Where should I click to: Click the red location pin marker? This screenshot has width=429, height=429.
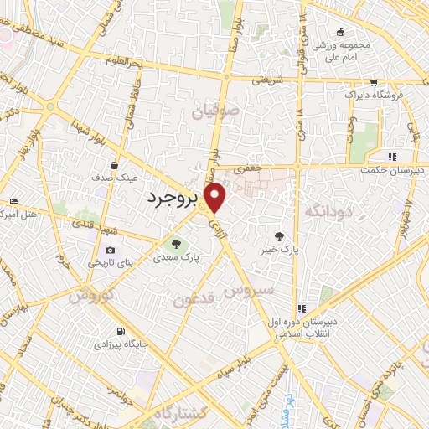[x=216, y=198]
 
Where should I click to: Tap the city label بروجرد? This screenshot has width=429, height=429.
[x=174, y=198]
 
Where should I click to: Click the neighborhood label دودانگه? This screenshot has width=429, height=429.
[x=326, y=209]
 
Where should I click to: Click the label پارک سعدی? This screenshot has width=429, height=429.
[x=176, y=259]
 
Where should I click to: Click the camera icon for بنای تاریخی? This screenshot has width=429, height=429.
[x=110, y=250]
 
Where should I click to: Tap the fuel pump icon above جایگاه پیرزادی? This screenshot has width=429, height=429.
[x=123, y=331]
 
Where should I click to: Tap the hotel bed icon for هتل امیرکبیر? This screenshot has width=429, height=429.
[x=13, y=202]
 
